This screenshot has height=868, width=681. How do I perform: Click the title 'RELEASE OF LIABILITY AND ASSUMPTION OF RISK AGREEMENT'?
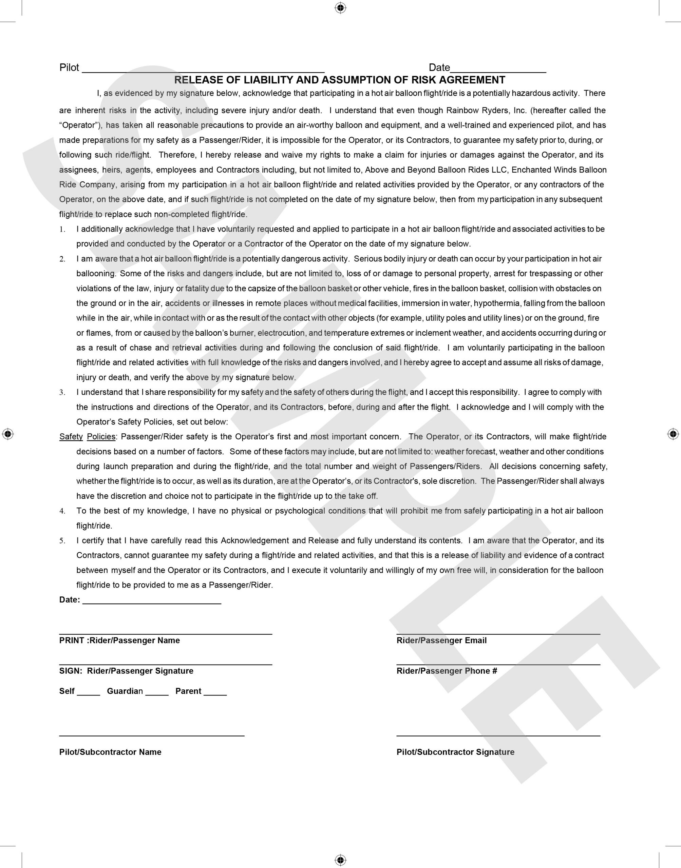click(x=340, y=80)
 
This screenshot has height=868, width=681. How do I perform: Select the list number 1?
click(x=62, y=230)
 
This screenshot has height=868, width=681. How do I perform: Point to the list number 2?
click(x=62, y=259)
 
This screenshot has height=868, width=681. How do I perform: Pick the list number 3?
click(x=62, y=393)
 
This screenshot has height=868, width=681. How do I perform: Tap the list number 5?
click(x=62, y=541)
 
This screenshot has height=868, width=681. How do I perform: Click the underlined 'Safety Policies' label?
click(x=87, y=437)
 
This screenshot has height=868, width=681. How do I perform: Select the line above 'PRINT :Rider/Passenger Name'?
click(x=166, y=633)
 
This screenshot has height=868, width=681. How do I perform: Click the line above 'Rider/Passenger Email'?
click(x=498, y=633)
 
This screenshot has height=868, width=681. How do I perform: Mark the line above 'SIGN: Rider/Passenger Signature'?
click(x=166, y=664)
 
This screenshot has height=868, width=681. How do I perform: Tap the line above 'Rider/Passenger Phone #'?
click(x=498, y=664)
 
